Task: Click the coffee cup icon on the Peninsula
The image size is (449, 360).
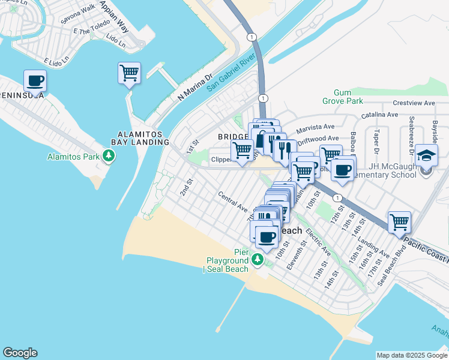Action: [35, 81]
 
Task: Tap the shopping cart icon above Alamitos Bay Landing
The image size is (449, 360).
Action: [129, 73]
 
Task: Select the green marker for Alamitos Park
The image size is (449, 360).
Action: [109, 157]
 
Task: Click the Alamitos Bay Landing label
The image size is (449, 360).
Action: [143, 138]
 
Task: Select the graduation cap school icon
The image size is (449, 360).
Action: [426, 155]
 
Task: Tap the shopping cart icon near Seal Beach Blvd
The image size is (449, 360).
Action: [399, 222]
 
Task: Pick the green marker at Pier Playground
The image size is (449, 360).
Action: [258, 259]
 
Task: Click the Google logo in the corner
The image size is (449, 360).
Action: [20, 353]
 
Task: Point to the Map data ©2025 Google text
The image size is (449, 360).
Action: [411, 355]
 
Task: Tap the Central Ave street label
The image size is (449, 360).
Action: [233, 203]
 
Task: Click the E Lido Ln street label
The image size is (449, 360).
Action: [58, 62]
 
